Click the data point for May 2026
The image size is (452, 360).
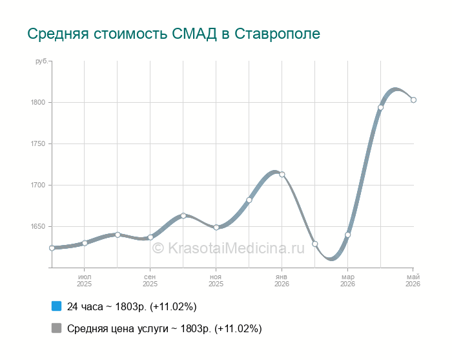[x=413, y=100]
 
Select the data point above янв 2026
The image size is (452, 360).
[x=282, y=175]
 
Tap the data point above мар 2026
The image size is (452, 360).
[x=347, y=235]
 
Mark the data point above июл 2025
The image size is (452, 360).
[x=85, y=243]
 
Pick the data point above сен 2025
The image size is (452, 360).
[x=150, y=237]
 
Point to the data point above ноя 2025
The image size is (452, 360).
[x=216, y=228]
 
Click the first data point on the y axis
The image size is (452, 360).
[x=52, y=248]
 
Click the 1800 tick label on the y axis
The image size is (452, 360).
[x=38, y=102]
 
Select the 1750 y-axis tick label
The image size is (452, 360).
[x=38, y=143]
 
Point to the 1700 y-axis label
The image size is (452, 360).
[x=38, y=185]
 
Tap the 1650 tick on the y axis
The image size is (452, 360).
[x=38, y=226]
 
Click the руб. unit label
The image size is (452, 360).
[x=41, y=61]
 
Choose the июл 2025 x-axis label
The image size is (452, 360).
[x=84, y=281]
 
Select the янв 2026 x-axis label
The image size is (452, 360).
[x=282, y=281]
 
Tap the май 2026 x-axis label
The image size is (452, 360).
[x=413, y=281]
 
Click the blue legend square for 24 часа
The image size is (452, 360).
[x=57, y=306]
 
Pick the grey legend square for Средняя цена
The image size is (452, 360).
[x=57, y=328]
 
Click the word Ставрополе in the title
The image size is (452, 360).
[x=277, y=34]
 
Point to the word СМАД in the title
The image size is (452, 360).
[x=194, y=34]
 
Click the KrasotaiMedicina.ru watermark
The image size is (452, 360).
[x=228, y=248]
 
